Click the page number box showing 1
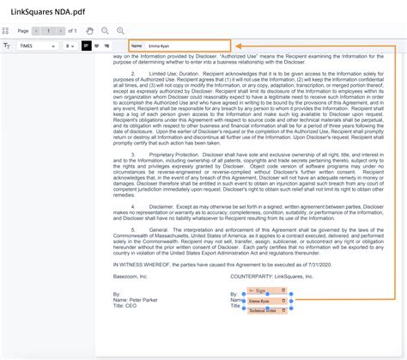(x=49, y=30)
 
